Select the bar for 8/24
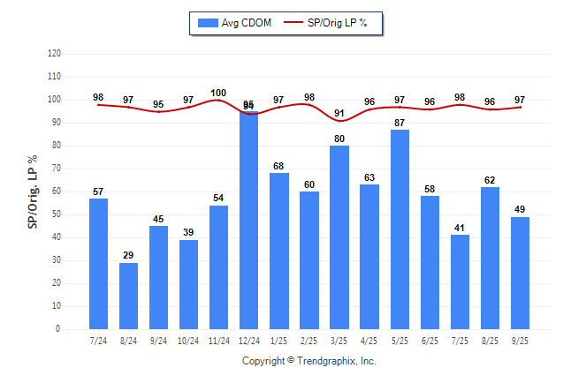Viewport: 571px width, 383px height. coord(128,296)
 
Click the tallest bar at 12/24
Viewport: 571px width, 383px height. coord(248,220)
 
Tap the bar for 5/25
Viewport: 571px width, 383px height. coord(400,229)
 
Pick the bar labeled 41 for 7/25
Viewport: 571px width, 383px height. coord(460,282)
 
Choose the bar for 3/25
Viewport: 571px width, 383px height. coord(339,237)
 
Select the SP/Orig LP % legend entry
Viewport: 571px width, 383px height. coord(332,23)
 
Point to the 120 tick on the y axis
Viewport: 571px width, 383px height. coord(55,54)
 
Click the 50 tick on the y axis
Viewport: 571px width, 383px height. coord(57,214)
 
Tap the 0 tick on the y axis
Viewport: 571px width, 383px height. coord(58,329)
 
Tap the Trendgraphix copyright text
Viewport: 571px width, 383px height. coord(309,361)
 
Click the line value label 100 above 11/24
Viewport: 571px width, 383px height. coord(218,93)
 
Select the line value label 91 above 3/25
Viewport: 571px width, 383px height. coord(339,113)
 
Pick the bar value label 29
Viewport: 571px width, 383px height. coord(128,255)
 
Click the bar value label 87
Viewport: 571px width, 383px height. coord(400,123)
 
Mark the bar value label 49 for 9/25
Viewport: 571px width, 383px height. coord(520,209)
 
